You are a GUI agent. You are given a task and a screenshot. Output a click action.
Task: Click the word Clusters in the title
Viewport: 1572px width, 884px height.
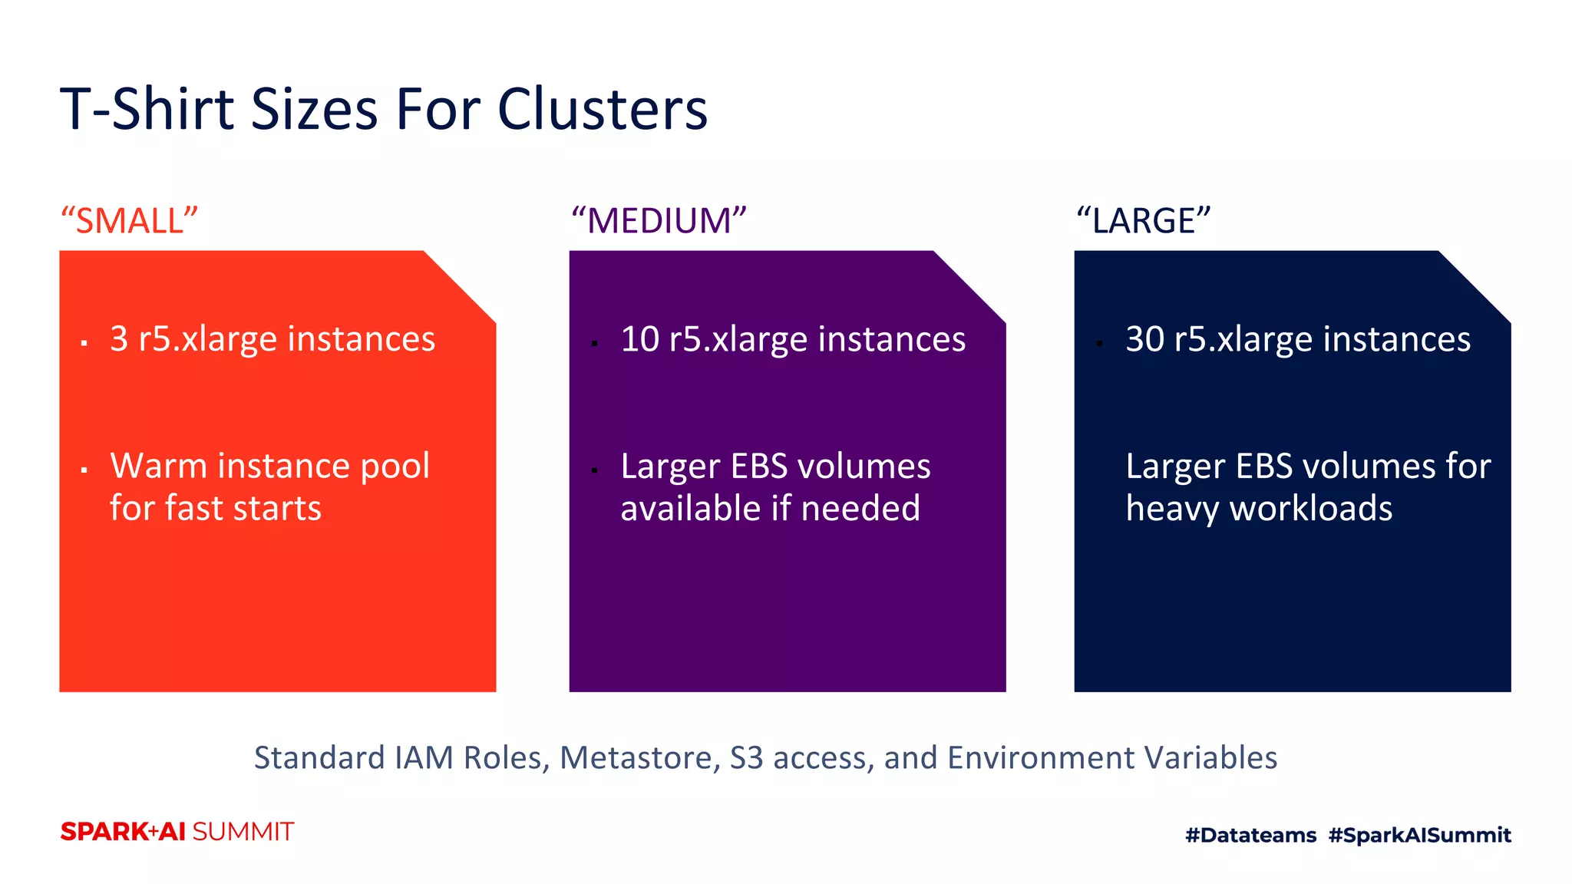tap(602, 109)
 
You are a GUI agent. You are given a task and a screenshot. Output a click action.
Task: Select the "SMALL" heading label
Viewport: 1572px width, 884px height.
tap(130, 221)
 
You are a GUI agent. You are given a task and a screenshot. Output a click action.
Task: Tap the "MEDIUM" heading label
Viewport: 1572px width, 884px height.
tap(659, 221)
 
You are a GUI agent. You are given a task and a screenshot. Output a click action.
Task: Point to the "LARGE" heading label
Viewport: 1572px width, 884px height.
tap(1143, 221)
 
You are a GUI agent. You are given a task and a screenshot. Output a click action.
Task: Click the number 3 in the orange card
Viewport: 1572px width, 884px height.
tap(119, 338)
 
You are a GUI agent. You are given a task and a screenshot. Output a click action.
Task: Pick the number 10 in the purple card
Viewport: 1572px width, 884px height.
tap(639, 338)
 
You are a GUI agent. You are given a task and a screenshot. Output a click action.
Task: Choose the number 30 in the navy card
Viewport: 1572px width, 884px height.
tap(1144, 338)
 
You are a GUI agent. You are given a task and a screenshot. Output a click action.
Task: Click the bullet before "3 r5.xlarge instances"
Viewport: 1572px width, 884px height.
tap(84, 343)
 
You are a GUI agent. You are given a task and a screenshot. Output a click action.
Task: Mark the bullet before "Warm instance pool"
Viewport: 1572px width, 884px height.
tap(84, 470)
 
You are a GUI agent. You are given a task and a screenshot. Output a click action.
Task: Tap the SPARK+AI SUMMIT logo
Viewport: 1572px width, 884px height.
tap(177, 832)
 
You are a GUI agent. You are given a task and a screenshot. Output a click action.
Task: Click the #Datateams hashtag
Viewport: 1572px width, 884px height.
tap(1250, 835)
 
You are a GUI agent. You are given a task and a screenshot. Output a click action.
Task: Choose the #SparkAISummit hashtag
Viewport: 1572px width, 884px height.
tap(1419, 835)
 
